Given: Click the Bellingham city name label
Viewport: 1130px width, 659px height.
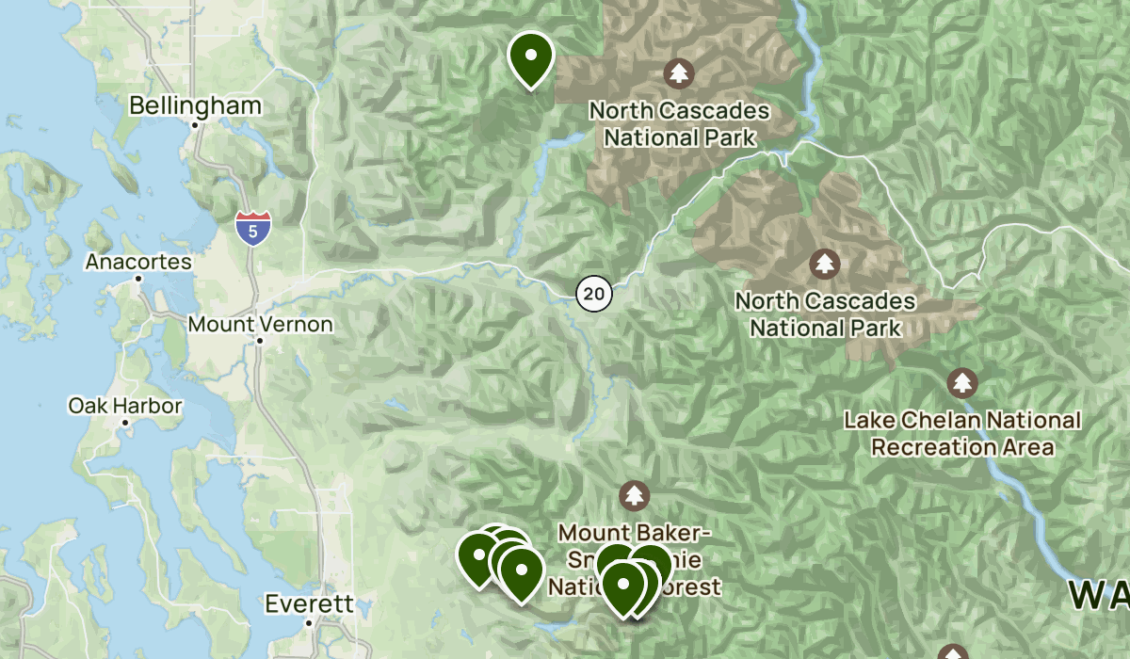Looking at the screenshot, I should tap(195, 105).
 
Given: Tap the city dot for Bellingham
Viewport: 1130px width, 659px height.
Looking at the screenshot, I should tap(195, 124).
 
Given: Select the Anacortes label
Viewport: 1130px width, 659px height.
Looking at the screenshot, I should tap(138, 262).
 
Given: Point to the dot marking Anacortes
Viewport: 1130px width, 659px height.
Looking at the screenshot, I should tap(138, 279).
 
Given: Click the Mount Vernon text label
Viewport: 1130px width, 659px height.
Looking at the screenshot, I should tap(260, 324).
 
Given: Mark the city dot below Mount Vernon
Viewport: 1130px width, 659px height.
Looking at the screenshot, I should tap(260, 341).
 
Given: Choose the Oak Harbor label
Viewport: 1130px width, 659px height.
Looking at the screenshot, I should tap(125, 406).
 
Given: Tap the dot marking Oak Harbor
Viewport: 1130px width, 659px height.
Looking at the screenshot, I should tap(125, 423).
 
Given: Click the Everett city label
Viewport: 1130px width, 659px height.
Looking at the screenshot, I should tap(309, 603).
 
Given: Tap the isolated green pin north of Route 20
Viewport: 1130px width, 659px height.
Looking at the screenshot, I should tap(530, 56).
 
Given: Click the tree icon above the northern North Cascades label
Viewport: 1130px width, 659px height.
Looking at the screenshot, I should tap(678, 72).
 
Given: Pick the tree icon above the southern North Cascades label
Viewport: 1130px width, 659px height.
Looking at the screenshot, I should tap(825, 263).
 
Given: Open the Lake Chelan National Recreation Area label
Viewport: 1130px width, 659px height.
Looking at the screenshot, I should tap(962, 433).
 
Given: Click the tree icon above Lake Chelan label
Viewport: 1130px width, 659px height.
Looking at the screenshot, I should tap(961, 383).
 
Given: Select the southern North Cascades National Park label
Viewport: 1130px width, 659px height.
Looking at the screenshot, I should tap(825, 314).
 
